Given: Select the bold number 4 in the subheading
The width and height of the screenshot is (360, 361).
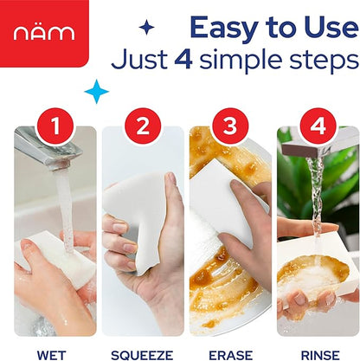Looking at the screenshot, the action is (183, 59).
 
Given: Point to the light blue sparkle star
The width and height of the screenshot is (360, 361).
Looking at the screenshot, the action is (97, 92).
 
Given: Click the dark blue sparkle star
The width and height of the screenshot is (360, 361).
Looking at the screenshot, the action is (146, 27).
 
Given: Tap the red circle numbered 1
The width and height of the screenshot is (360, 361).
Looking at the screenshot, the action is (55, 126).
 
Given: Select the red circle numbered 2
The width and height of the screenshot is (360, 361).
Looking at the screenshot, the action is (143, 126).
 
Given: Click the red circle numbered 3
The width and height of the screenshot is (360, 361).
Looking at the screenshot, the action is (230, 126).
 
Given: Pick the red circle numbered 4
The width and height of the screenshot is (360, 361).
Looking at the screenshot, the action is (318, 126).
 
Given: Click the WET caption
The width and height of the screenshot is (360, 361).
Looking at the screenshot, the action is (51, 355).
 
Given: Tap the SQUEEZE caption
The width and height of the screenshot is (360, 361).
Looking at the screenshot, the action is (142, 355).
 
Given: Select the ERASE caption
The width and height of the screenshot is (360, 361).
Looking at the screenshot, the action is (230, 355).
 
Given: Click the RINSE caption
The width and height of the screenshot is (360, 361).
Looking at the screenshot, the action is (320, 355).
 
